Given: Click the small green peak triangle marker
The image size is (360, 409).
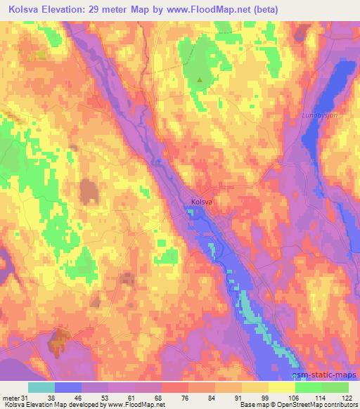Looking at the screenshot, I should pyautogui.click(x=200, y=79).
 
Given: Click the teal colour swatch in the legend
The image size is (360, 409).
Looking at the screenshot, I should pyautogui.click(x=41, y=387).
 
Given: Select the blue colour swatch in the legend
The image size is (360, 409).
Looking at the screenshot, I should pyautogui.click(x=67, y=387).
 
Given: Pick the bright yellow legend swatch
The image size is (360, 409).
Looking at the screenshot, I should pyautogui.click(x=281, y=387).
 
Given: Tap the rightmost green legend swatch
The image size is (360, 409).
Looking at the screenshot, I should pyautogui.click(x=335, y=387).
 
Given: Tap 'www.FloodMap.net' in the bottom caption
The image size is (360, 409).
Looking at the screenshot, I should pyautogui.click(x=131, y=405).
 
